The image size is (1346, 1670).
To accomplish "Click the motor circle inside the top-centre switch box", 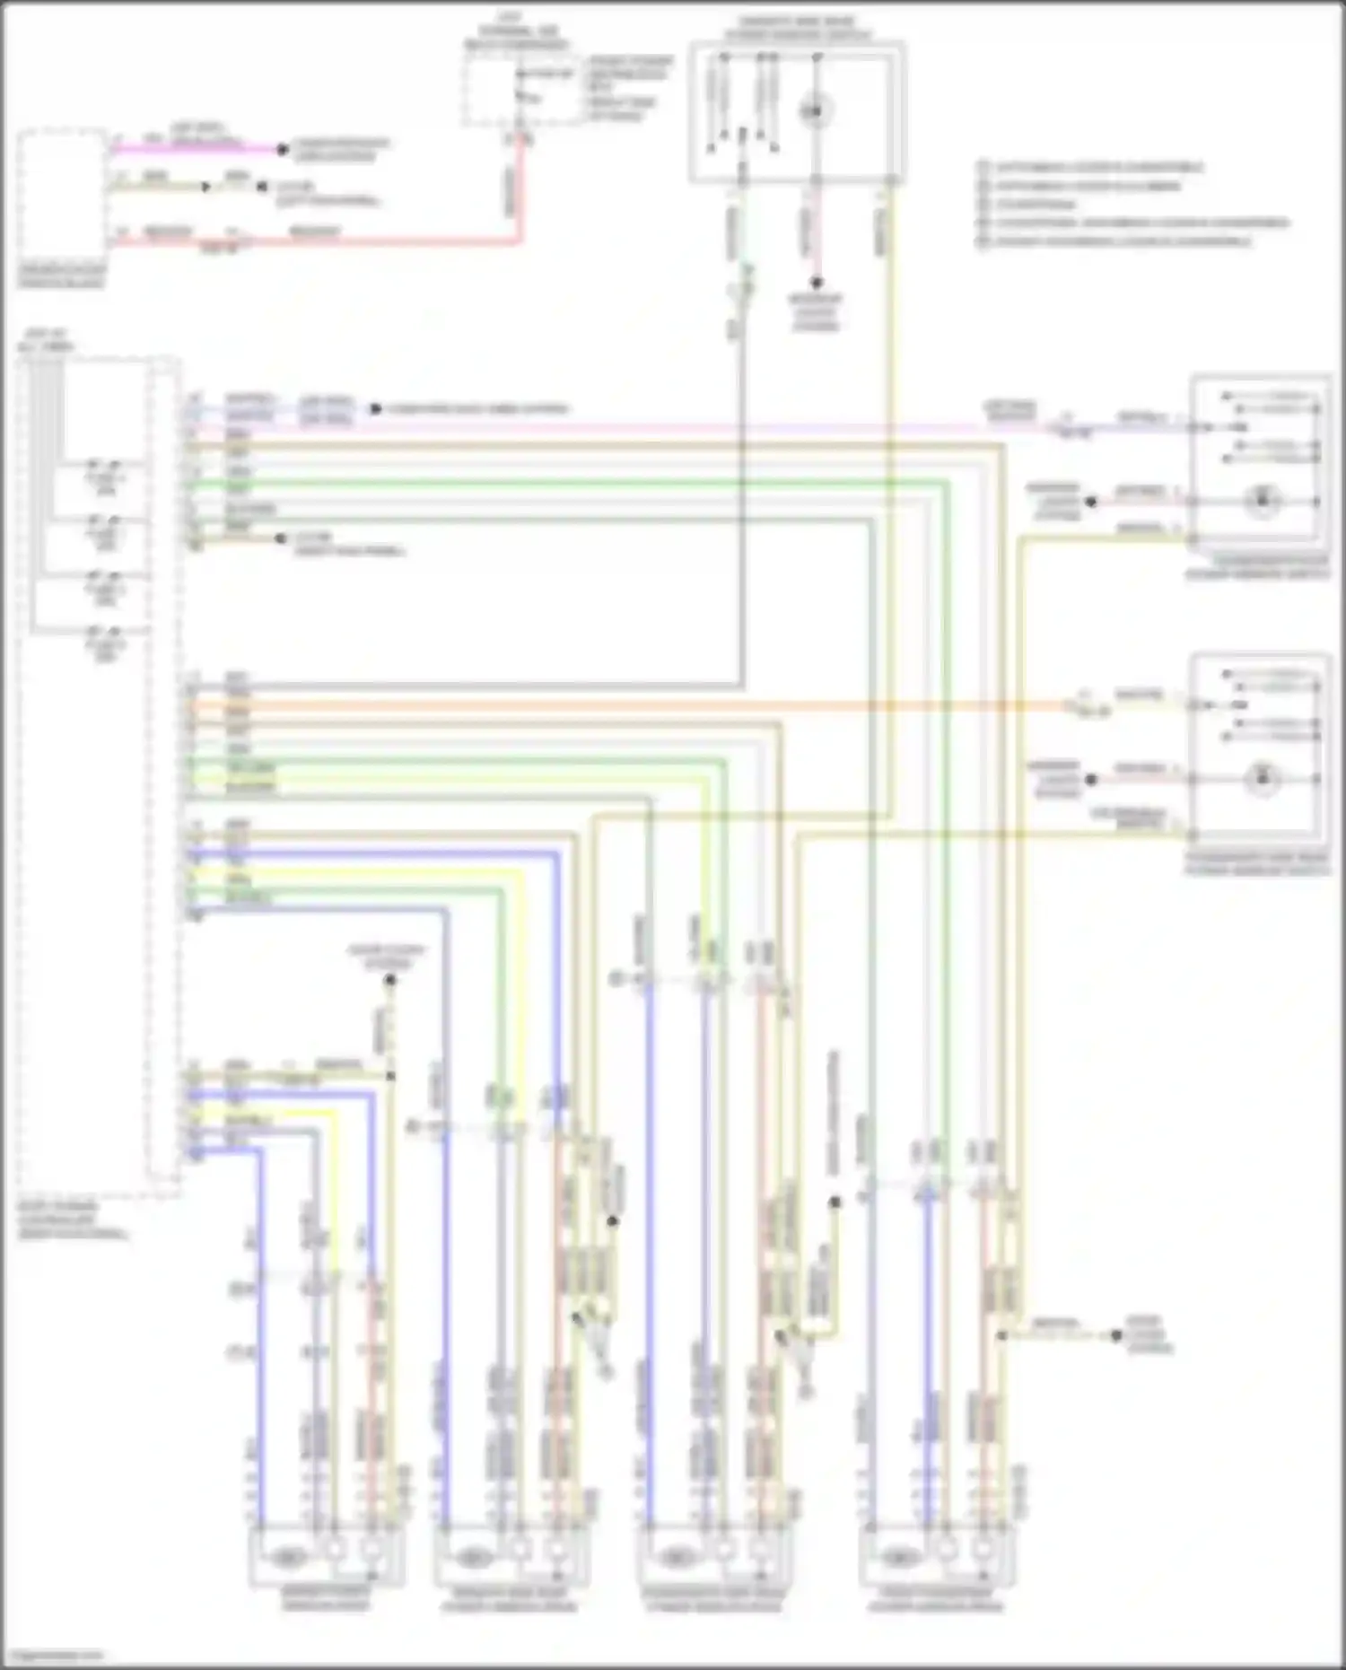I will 815,111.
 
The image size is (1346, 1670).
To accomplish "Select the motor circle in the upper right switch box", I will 1262,501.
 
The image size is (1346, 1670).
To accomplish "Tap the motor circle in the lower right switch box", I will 1262,779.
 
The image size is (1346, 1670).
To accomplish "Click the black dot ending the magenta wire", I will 282,149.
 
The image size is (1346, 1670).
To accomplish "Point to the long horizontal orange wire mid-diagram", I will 628,706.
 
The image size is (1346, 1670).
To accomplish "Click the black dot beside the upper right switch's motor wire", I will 1091,503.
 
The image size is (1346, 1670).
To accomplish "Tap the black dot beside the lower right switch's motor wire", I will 1091,780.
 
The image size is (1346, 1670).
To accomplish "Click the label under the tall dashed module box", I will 72,1220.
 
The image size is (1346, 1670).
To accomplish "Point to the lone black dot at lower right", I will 1116,1335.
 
